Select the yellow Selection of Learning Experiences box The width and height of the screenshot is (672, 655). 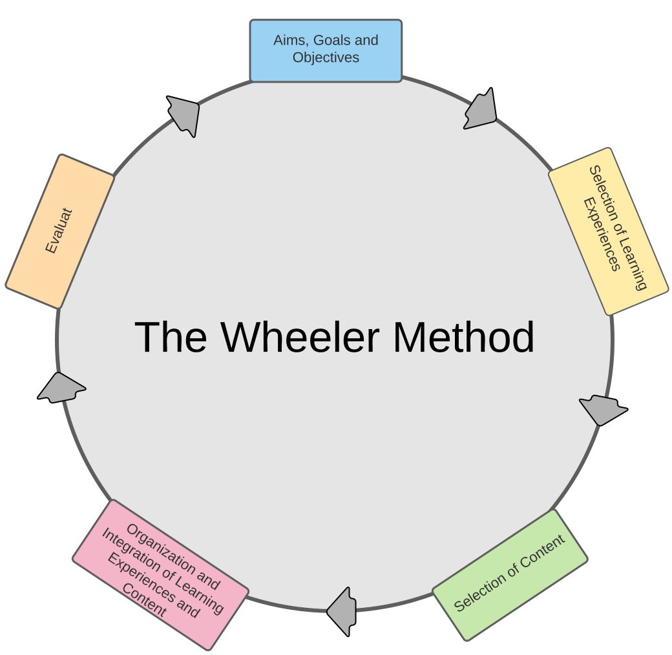[x=608, y=231]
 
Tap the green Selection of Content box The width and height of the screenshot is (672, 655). [x=510, y=575]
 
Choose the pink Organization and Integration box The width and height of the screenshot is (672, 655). [x=160, y=574]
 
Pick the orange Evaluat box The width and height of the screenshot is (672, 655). [x=59, y=231]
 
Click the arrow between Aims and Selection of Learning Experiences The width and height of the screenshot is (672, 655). [x=481, y=110]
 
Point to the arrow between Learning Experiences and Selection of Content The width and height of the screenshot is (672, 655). [x=602, y=409]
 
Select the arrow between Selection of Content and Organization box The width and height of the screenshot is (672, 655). [x=343, y=610]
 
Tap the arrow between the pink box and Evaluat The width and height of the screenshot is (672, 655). [x=61, y=388]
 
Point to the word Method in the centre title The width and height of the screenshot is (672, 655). [x=463, y=337]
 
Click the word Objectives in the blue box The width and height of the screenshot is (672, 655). [x=326, y=57]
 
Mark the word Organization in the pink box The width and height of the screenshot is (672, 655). [x=173, y=556]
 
